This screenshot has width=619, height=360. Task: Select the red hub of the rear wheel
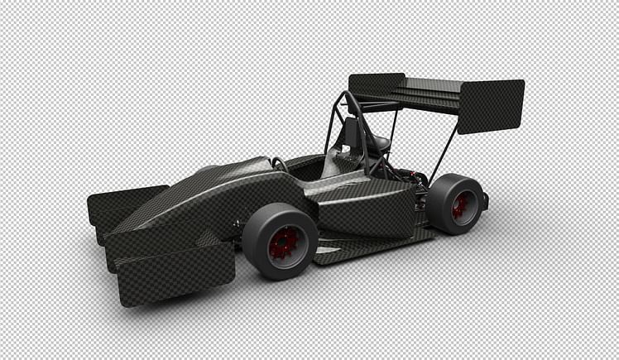[460, 205]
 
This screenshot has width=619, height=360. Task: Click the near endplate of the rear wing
[491, 106]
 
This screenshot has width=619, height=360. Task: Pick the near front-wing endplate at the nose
[175, 274]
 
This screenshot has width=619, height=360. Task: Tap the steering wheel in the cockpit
[280, 164]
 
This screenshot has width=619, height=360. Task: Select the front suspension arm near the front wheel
[238, 224]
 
